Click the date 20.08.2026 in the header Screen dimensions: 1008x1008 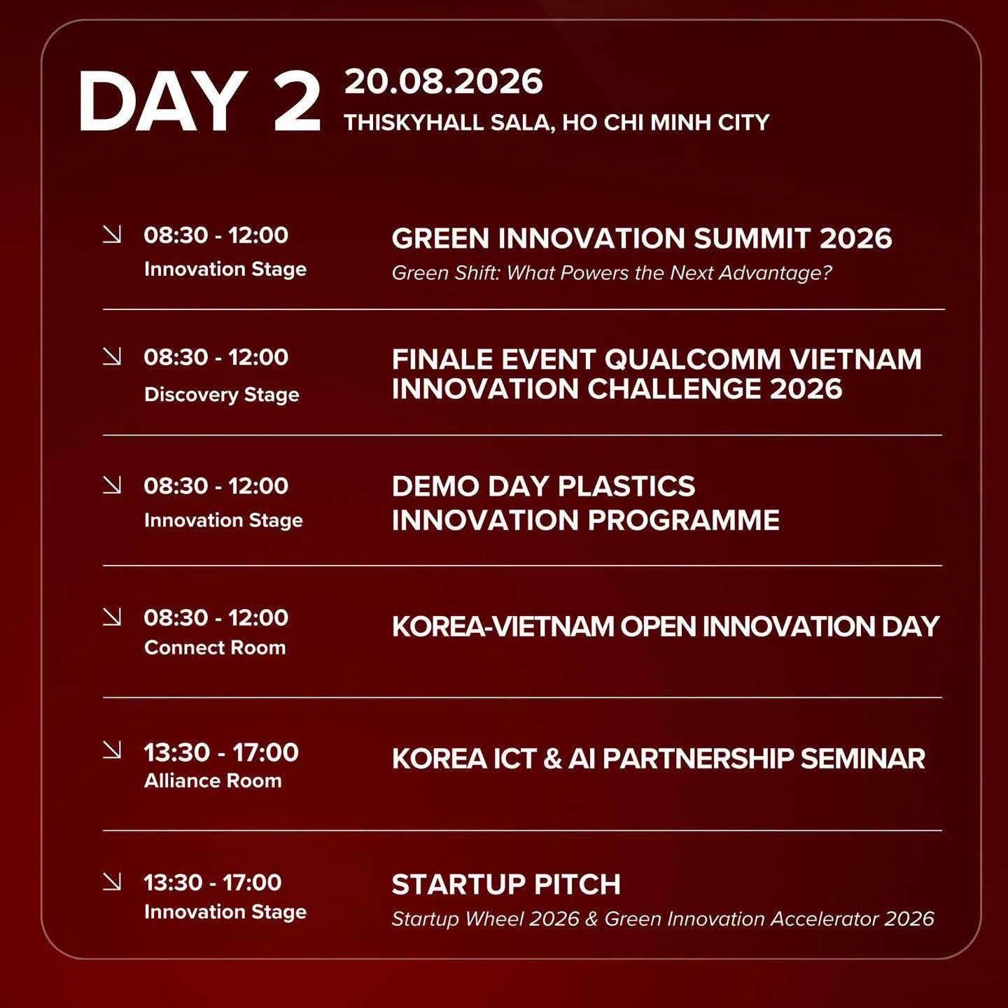[443, 82]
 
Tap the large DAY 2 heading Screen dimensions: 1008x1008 [199, 102]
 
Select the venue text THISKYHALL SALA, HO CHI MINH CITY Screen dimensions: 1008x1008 [556, 122]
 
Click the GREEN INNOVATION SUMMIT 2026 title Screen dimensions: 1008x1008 [642, 238]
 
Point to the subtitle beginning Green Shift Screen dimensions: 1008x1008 [612, 272]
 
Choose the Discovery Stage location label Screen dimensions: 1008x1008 [222, 394]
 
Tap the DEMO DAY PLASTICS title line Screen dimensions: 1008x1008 [543, 486]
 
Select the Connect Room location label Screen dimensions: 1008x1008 [215, 647]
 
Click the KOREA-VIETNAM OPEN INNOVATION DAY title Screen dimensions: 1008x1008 [666, 626]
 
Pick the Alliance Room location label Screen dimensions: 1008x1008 [213, 780]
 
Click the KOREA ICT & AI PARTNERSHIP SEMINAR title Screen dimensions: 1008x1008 [659, 759]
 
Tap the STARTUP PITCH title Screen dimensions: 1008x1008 [506, 885]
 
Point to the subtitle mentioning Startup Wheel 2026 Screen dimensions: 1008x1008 [663, 919]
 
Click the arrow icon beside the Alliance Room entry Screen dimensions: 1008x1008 [112, 749]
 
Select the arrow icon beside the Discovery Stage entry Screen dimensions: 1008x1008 [112, 356]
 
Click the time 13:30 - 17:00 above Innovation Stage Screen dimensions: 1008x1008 [213, 883]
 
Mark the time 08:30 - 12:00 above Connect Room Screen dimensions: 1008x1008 [216, 617]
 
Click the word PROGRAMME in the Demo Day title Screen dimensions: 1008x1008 [683, 521]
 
